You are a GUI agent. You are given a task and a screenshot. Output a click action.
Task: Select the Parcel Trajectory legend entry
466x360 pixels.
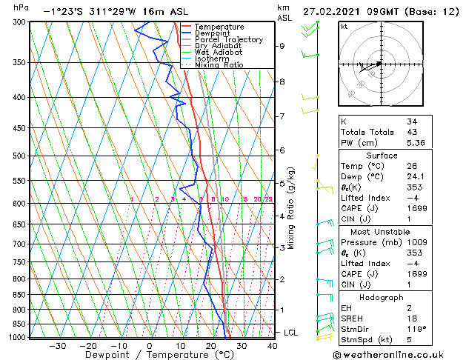tap(228, 40)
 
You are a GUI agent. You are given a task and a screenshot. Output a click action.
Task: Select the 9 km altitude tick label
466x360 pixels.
tap(282, 46)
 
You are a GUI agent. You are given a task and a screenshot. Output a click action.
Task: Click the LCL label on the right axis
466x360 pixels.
tap(290, 333)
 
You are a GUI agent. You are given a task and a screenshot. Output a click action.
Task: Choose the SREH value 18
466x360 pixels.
tap(412, 319)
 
